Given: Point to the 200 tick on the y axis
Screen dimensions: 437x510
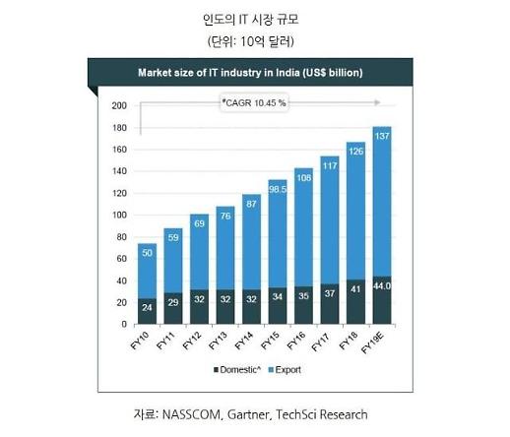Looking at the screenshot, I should coord(119,106).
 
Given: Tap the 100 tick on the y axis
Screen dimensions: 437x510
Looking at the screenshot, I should coord(119,216).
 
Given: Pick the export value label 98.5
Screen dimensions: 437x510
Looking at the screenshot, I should coord(278,185).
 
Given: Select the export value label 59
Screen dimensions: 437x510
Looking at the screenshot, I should coord(172,236).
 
